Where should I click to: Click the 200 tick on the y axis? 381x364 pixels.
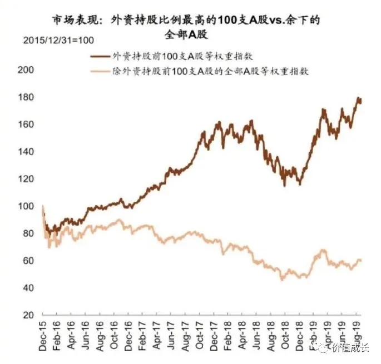[27, 70]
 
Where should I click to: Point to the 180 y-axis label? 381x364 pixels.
[27, 98]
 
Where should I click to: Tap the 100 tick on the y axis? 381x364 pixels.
[27, 207]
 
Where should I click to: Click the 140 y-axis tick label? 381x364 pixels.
[27, 152]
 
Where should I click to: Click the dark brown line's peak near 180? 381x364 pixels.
[358, 98]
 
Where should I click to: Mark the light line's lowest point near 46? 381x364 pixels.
[282, 280]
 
